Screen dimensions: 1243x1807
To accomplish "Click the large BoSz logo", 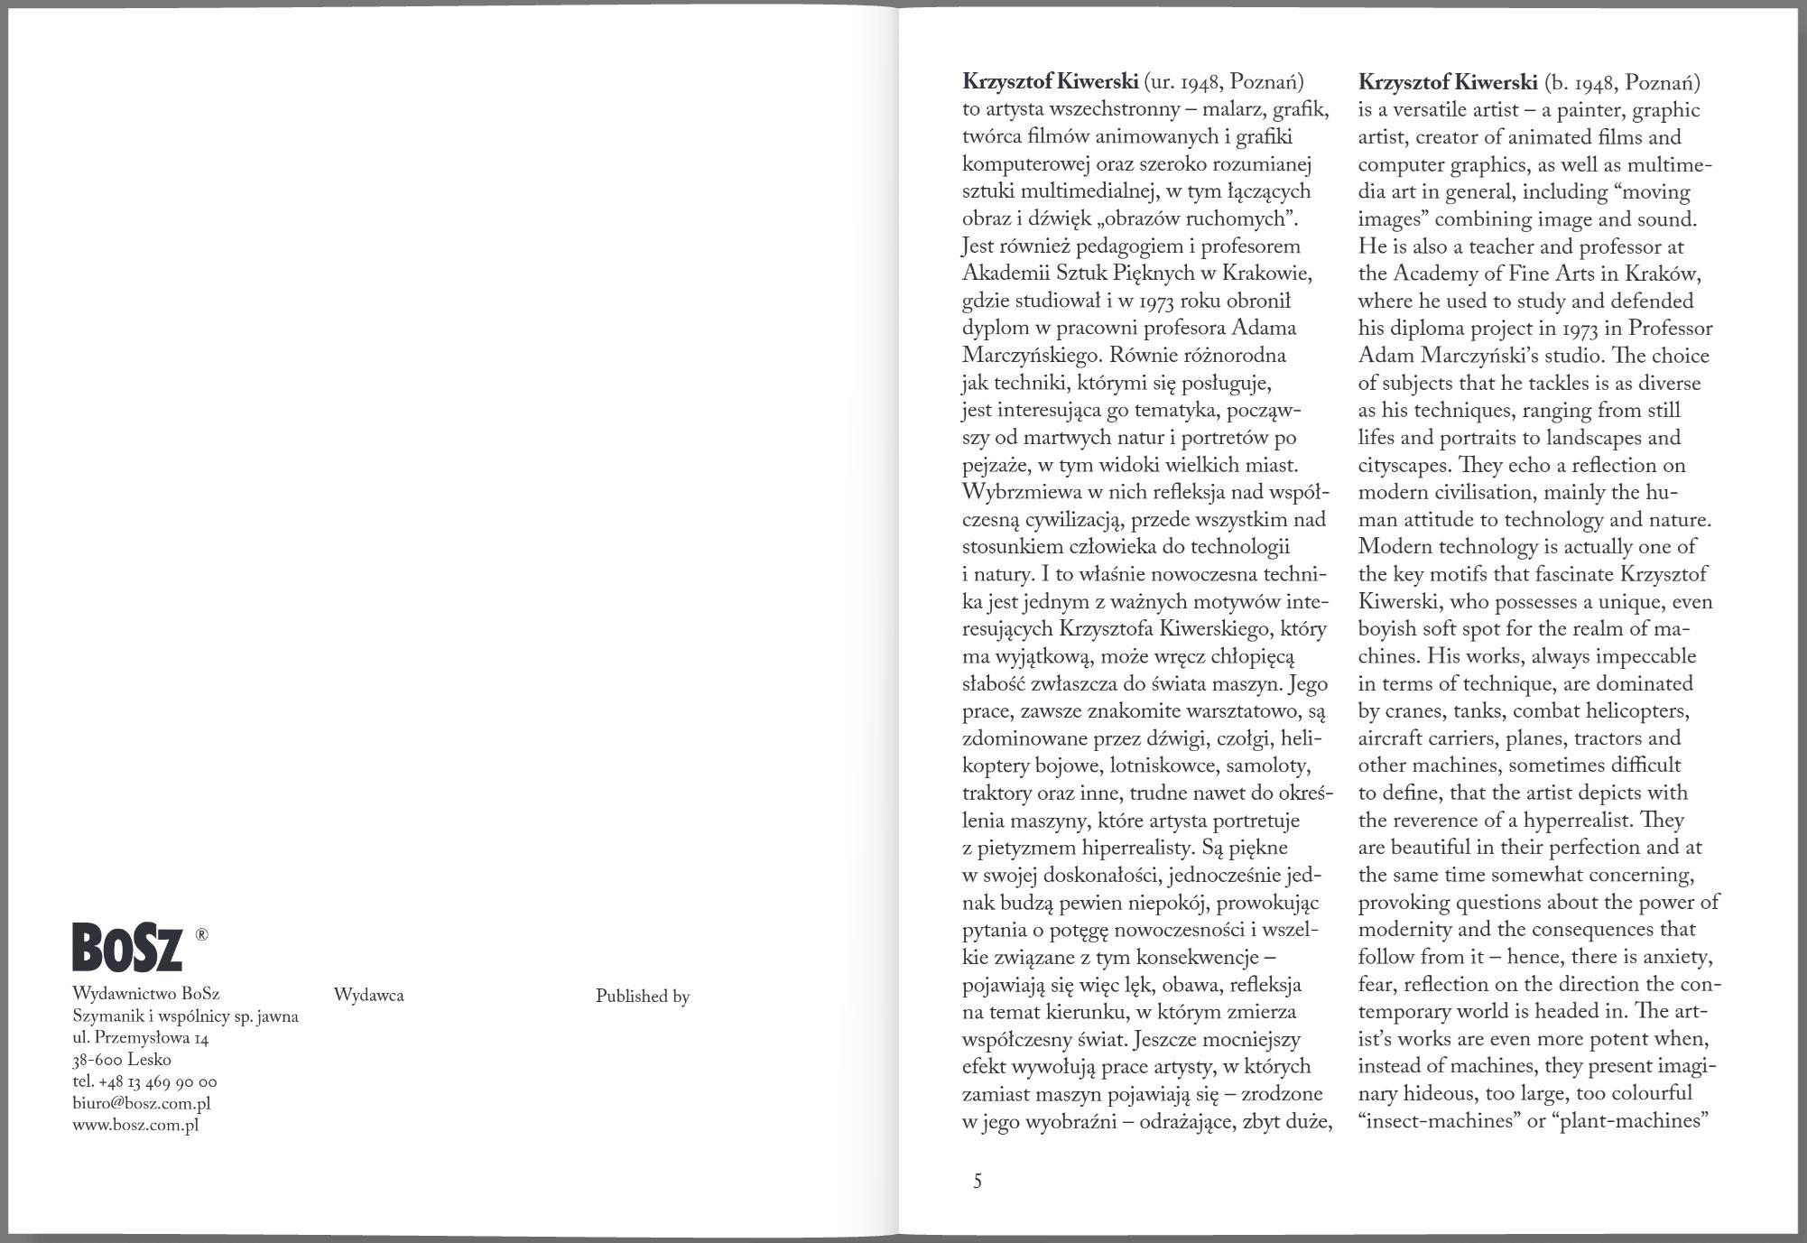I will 127,947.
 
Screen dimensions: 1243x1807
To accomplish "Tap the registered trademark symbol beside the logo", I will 201,935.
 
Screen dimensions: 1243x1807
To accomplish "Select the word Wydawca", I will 368,996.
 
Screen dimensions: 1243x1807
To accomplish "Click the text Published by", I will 642,997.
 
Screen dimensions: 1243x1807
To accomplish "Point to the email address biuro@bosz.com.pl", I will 141,1103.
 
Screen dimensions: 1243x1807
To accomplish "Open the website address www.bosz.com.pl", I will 135,1125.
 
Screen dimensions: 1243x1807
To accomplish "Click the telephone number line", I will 144,1081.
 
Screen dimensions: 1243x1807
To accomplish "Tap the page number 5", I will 978,1181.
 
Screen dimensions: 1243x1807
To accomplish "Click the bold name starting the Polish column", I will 1050,82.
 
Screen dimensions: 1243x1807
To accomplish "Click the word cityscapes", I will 1404,466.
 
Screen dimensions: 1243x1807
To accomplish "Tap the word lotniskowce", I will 1163,766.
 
